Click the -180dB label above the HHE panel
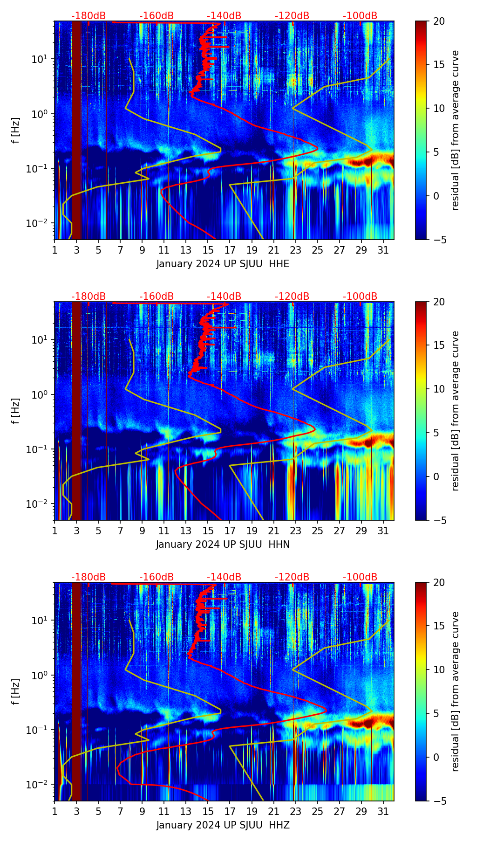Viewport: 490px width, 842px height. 88,16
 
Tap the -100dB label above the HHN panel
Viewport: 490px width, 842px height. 360,297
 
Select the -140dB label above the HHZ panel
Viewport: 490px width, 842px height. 224,577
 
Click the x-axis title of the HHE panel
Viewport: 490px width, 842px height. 223,264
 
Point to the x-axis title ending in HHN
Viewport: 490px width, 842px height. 223,545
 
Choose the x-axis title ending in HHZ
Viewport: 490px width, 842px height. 223,825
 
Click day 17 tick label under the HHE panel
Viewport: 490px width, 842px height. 230,250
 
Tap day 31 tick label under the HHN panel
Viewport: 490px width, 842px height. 383,531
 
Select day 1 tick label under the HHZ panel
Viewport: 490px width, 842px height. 54,812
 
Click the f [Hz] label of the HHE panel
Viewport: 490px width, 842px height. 16,131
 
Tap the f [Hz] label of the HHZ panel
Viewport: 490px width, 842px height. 16,692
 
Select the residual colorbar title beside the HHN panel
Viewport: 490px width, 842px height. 456,411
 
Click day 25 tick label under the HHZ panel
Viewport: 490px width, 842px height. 318,812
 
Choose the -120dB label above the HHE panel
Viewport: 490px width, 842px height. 292,16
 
